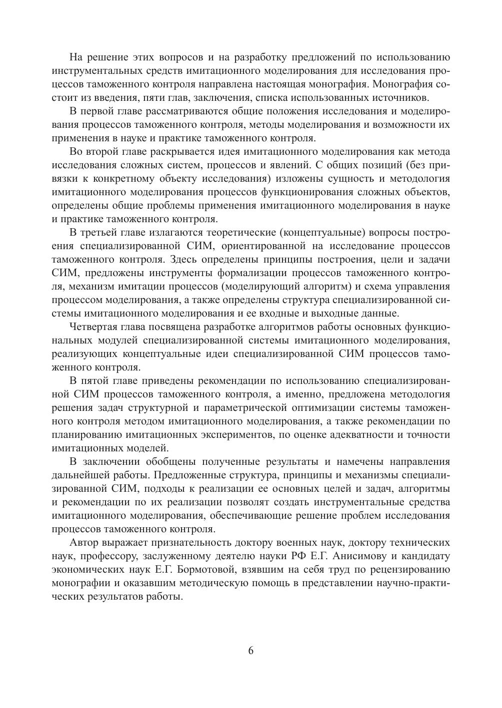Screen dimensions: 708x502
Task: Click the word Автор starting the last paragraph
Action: coord(86,543)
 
